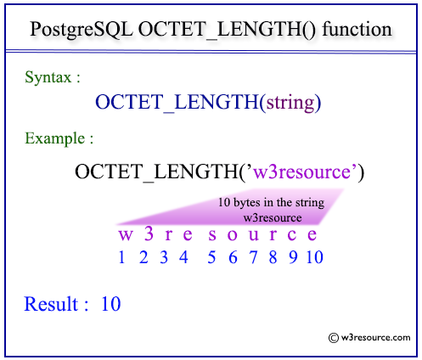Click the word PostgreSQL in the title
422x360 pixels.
click(x=82, y=30)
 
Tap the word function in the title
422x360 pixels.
click(x=357, y=29)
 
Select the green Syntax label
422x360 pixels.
click(x=48, y=77)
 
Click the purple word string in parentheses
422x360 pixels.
click(x=290, y=103)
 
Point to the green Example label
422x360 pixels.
click(x=55, y=138)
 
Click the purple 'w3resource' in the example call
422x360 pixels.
click(x=301, y=172)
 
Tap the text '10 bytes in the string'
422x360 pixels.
click(x=271, y=203)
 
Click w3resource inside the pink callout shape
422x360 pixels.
click(x=273, y=218)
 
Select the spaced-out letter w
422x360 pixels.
click(x=125, y=235)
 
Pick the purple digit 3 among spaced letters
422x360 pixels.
click(x=149, y=233)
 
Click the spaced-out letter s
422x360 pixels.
click(x=212, y=235)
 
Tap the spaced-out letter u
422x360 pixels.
click(x=254, y=235)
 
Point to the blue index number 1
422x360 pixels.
click(x=121, y=257)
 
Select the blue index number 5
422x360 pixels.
click(x=211, y=257)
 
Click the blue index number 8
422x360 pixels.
click(x=273, y=257)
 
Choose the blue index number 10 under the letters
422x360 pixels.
click(x=315, y=257)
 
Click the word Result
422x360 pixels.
click(x=51, y=304)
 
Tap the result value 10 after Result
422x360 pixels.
click(x=111, y=304)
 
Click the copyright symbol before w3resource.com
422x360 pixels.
click(x=334, y=338)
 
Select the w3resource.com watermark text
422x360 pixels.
click(x=375, y=337)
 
